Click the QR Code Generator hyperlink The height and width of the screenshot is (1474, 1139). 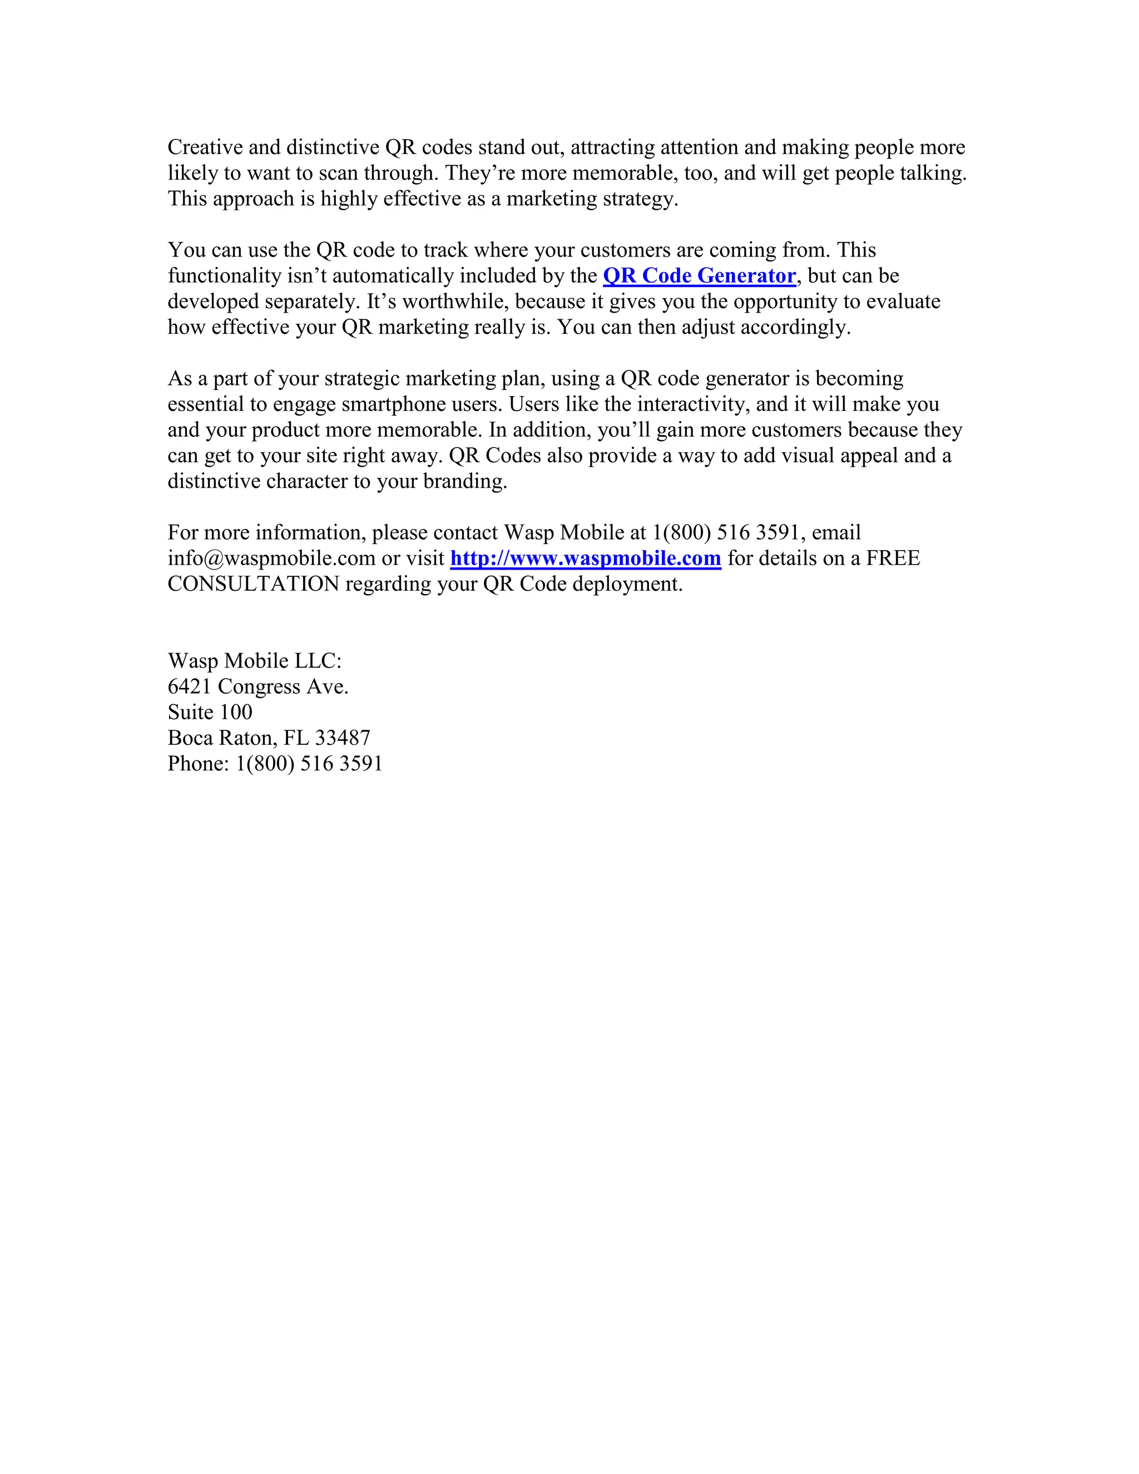tap(699, 276)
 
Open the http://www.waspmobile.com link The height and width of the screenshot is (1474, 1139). tap(585, 558)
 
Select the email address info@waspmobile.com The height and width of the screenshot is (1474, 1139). tap(271, 558)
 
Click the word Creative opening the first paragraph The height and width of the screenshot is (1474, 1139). tap(205, 147)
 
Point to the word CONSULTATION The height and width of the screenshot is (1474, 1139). tap(253, 584)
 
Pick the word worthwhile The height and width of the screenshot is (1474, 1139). tap(455, 301)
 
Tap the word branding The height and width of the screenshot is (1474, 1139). tap(465, 481)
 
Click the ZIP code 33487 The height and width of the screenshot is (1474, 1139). tap(342, 738)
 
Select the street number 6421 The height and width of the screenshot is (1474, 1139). tap(190, 686)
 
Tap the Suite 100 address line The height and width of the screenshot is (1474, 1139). tap(210, 712)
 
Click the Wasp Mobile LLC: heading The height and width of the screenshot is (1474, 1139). tap(254, 661)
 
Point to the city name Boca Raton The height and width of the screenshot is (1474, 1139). tap(222, 738)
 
